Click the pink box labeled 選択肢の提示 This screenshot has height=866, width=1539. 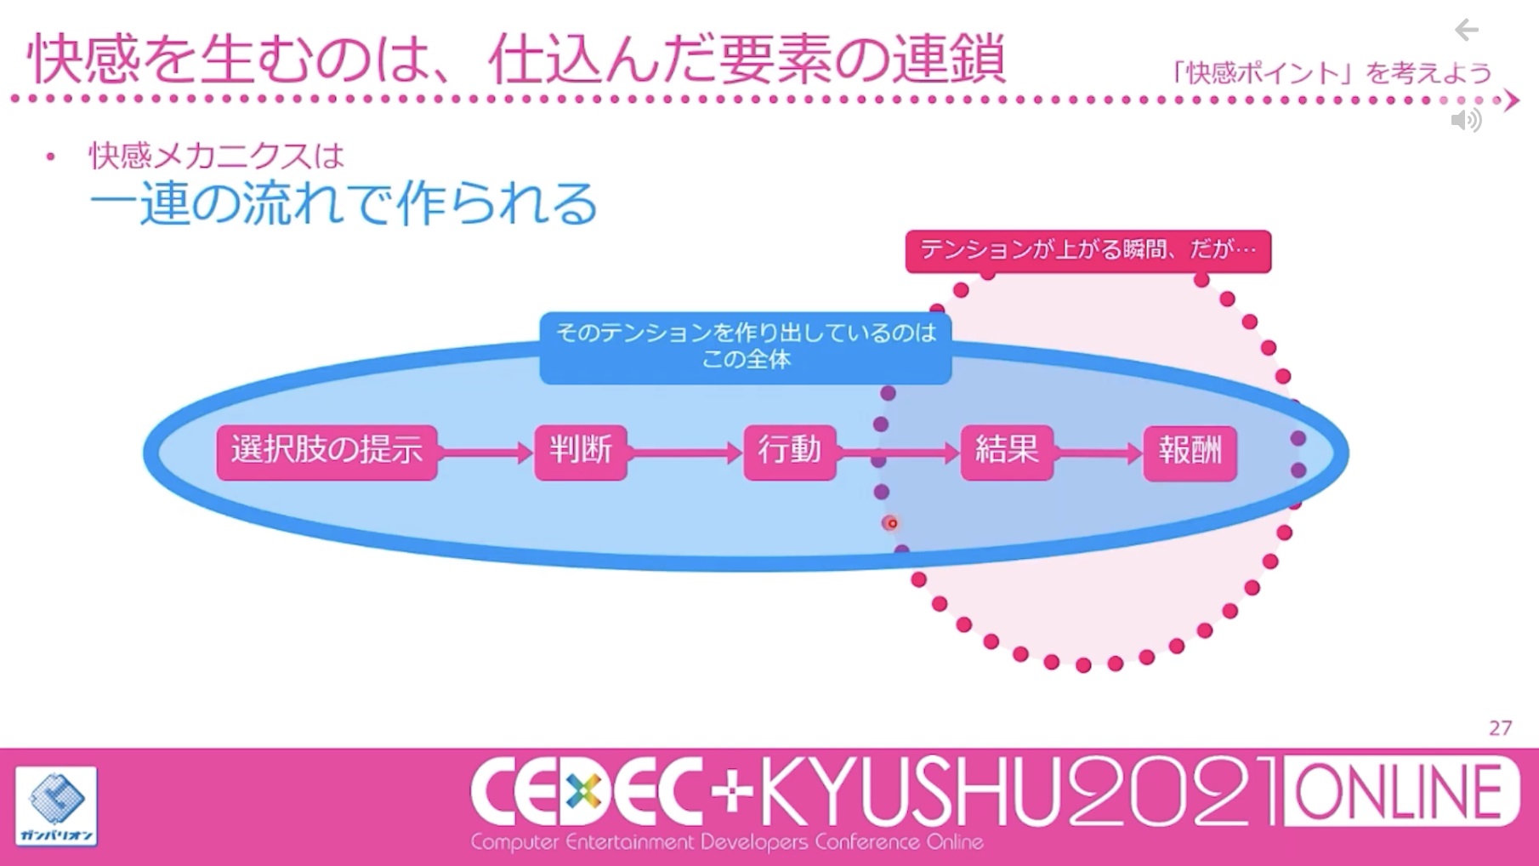coord(327,452)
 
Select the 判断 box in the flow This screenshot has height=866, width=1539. coord(581,452)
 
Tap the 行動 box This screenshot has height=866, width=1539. coord(790,452)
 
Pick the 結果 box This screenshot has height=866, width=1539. coord(1007,452)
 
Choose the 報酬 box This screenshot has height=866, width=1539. coord(1190,452)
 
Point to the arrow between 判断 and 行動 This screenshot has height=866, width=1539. coord(685,453)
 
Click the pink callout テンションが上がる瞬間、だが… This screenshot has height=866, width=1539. coord(1088,251)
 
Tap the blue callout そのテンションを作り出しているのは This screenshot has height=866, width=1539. coord(746,348)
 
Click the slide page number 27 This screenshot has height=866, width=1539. coord(1501,728)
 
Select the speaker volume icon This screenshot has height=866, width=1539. coord(1467,120)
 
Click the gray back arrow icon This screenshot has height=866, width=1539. coord(1467,31)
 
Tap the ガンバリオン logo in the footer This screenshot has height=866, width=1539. coord(56,806)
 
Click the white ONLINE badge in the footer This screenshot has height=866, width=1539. coord(1400,791)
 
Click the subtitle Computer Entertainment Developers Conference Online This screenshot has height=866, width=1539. coord(727,842)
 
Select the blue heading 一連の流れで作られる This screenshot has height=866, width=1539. coord(344,203)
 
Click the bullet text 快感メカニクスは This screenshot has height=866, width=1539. coord(217,156)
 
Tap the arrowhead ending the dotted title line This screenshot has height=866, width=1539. coord(1511,100)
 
